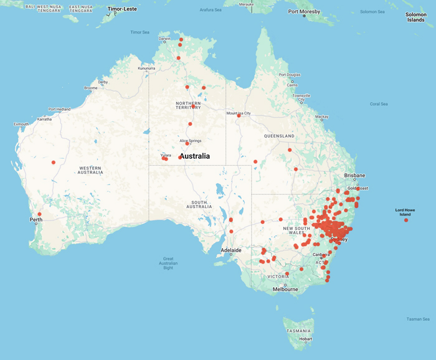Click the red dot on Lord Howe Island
[x=406, y=220]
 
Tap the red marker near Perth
[x=39, y=214]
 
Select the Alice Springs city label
[x=191, y=141]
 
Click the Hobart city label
[x=305, y=339]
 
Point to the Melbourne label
[x=285, y=289]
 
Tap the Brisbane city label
[x=354, y=176]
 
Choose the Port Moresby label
[x=304, y=12]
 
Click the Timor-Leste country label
[x=122, y=9]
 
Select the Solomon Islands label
[x=415, y=17]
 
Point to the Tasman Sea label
[x=417, y=319]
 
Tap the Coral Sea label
[x=379, y=104]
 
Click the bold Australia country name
[x=194, y=156]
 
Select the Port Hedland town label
[x=60, y=109]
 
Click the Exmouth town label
[x=21, y=125]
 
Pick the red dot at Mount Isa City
[x=239, y=116]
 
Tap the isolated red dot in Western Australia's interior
[x=54, y=163]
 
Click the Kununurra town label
[x=146, y=68]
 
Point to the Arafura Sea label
[x=211, y=10]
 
